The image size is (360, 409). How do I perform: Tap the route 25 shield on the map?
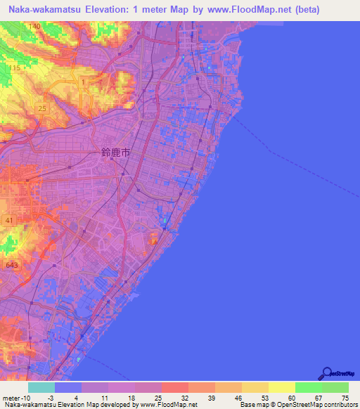42,108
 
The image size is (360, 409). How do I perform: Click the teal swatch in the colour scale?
41,387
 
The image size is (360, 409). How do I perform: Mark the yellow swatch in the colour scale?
281,387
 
